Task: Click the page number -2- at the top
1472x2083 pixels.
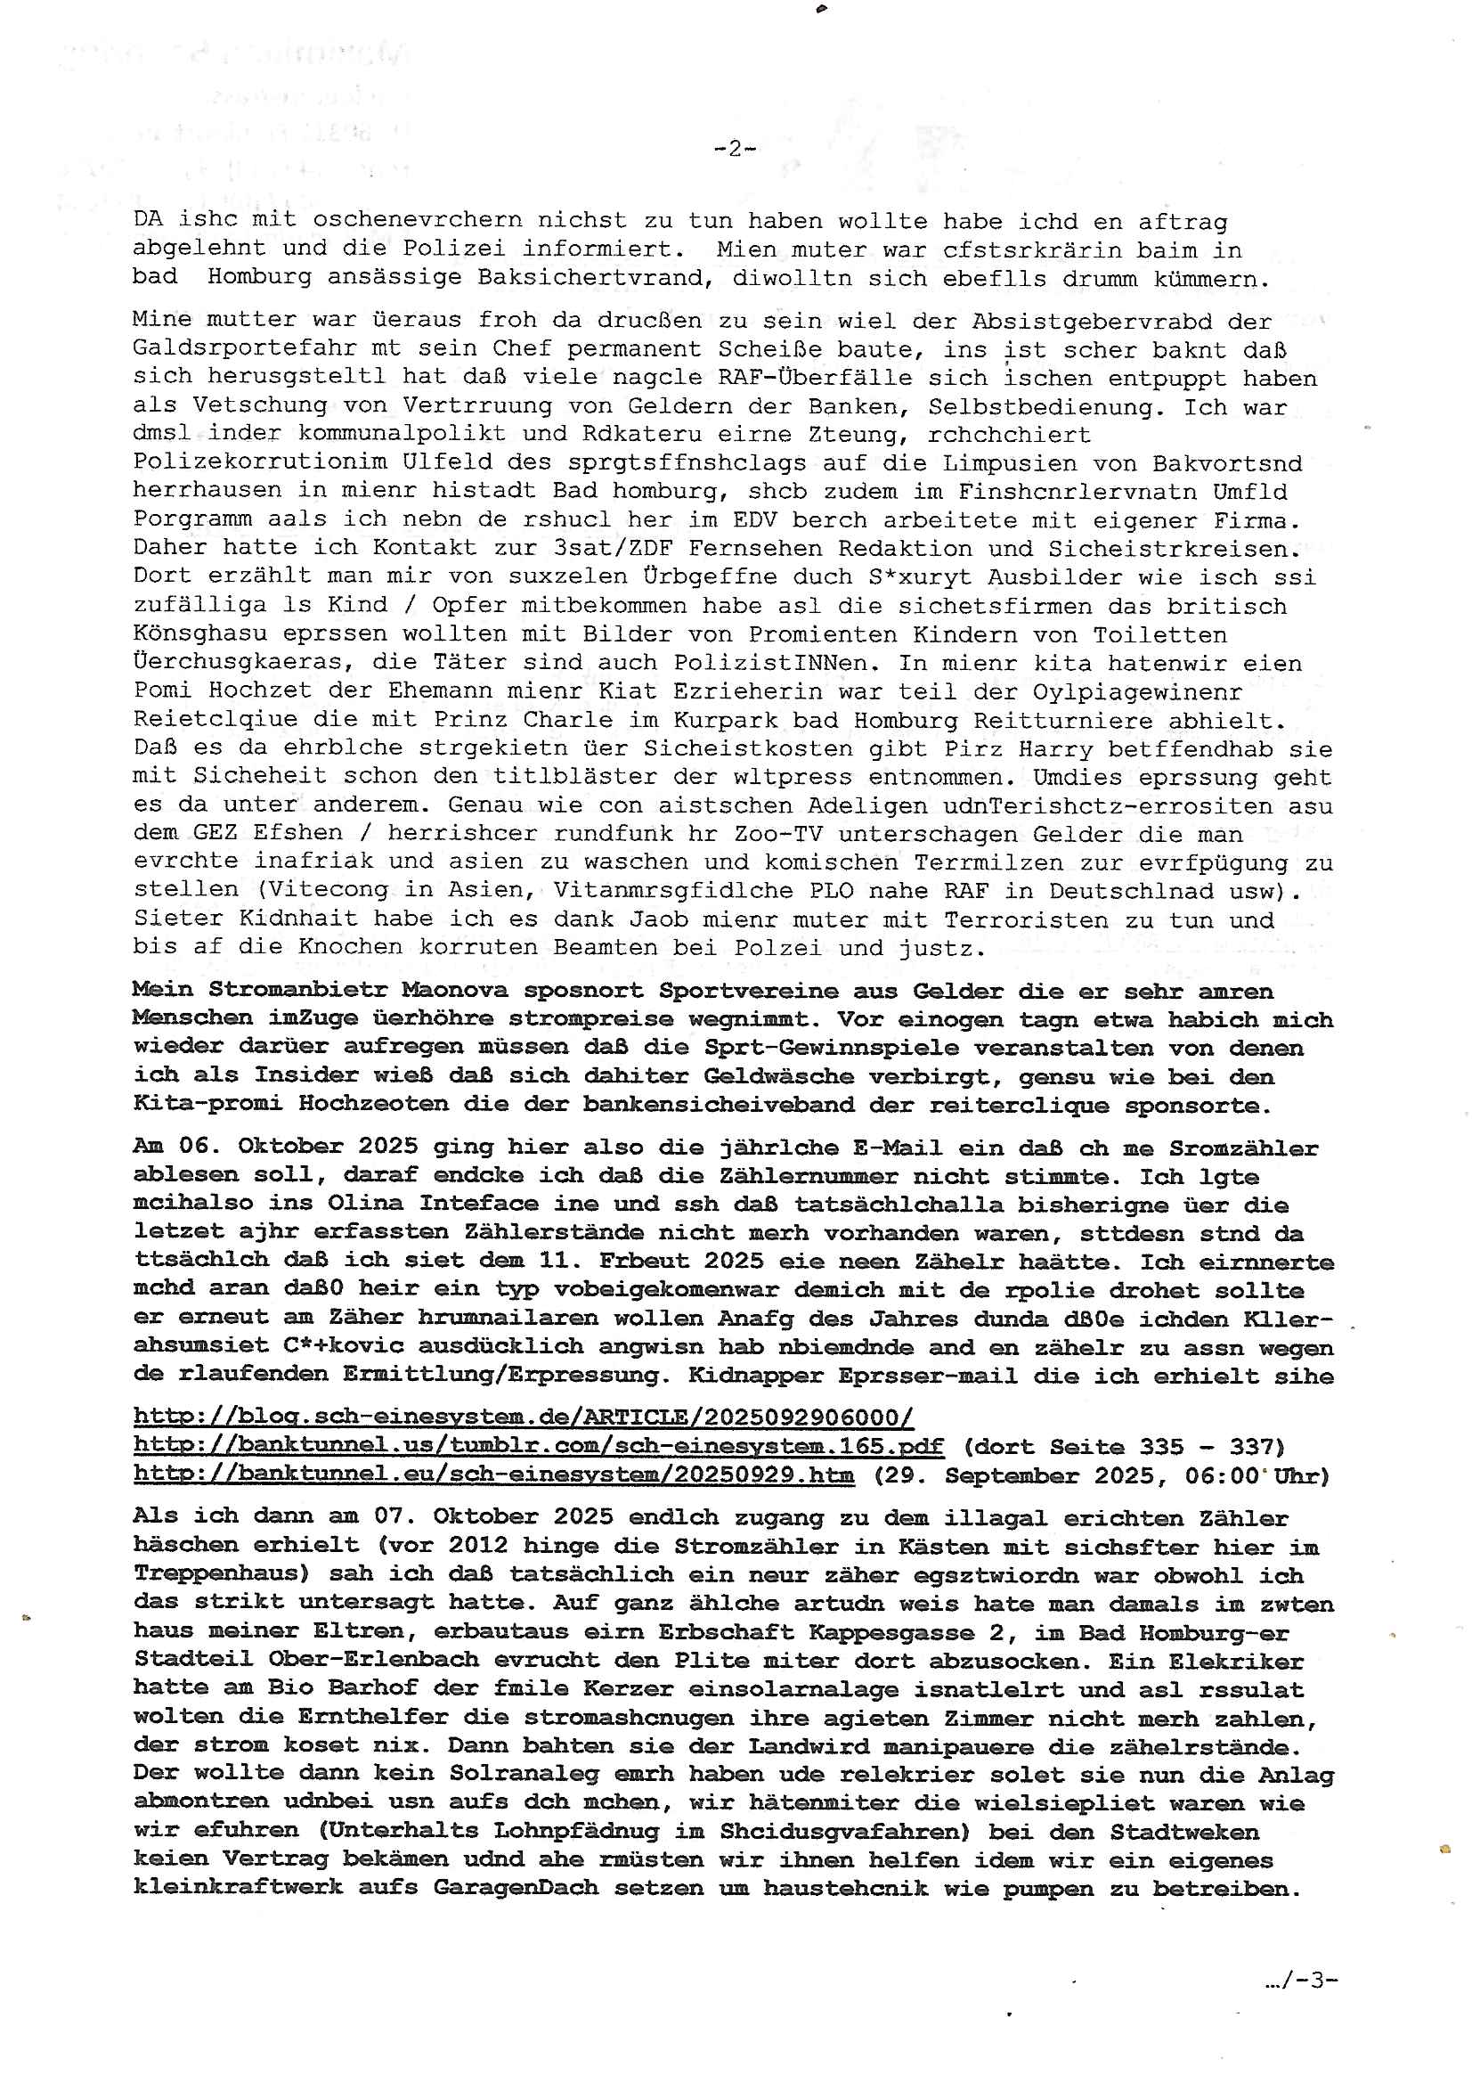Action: click(x=735, y=149)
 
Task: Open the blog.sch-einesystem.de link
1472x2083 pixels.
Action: click(x=524, y=1417)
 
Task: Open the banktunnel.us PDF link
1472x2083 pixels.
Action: click(x=538, y=1446)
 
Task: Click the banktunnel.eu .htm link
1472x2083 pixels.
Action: click(x=493, y=1475)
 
